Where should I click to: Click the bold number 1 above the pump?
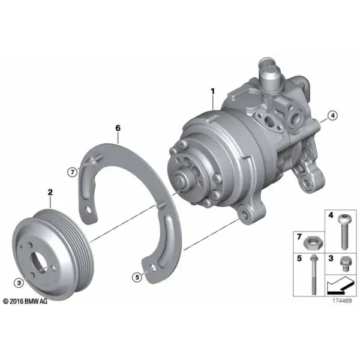pos(213,91)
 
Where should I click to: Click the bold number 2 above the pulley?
pos(50,192)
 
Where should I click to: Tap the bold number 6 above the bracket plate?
pos(118,128)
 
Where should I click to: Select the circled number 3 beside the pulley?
pos(19,283)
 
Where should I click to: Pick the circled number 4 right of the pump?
pos(332,115)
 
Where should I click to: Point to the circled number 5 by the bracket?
pos(137,277)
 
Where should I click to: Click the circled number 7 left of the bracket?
pos(73,172)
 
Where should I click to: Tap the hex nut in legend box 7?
pos(313,244)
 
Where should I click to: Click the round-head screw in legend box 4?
pos(343,232)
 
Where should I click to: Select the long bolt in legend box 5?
pos(314,275)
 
